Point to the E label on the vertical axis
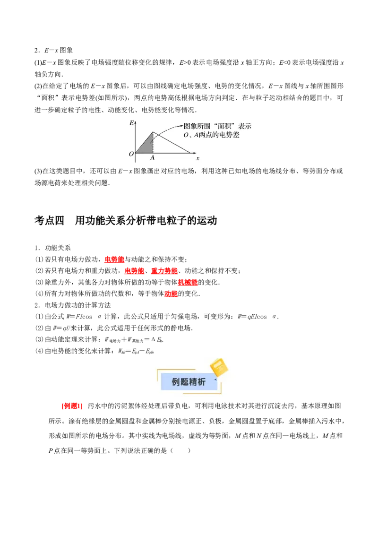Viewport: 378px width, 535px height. pyautogui.click(x=131, y=123)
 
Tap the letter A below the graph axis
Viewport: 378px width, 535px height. pyautogui.click(x=153, y=158)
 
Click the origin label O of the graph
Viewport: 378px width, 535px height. pyautogui.click(x=131, y=154)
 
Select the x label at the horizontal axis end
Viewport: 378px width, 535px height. pyautogui.click(x=198, y=158)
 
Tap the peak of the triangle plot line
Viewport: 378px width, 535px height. pyautogui.click(x=153, y=132)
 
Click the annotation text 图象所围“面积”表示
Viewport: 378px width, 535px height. pyautogui.click(x=218, y=126)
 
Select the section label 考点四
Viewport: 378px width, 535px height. pyautogui.click(x=49, y=221)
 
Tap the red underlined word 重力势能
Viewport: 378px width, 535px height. pyautogui.click(x=164, y=271)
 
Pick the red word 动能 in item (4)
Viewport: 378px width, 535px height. pyautogui.click(x=171, y=293)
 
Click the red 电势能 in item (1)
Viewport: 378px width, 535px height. pyautogui.click(x=114, y=259)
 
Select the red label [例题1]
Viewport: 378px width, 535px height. pyautogui.click(x=72, y=406)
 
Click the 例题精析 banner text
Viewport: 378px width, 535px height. pyautogui.click(x=189, y=382)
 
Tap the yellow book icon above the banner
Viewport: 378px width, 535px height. pyautogui.click(x=218, y=367)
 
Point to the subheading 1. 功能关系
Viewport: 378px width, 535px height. pyautogui.click(x=53, y=248)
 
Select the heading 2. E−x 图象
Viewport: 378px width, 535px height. pyautogui.click(x=53, y=51)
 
